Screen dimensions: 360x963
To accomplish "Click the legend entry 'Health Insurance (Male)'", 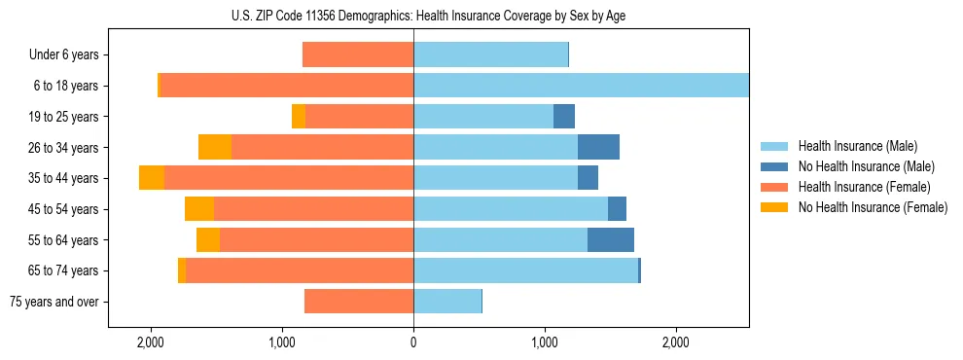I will tap(857, 146).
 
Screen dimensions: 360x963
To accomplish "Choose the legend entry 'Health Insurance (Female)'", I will tap(864, 187).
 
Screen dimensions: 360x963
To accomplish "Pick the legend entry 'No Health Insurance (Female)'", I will tap(873, 207).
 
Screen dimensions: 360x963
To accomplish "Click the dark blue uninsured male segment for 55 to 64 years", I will tap(611, 239).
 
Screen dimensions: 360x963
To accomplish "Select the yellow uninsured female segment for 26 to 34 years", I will tap(215, 147).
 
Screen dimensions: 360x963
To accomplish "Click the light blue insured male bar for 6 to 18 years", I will tap(581, 86).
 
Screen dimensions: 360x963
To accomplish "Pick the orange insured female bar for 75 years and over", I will tap(359, 302).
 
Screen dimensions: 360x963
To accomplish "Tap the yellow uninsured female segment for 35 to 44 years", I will tap(152, 178).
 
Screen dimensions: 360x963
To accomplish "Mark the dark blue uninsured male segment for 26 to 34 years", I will tap(598, 147).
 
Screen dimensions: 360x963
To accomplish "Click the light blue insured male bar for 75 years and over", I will tap(447, 302).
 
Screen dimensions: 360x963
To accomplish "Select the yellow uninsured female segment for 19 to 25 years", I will tap(299, 117).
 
